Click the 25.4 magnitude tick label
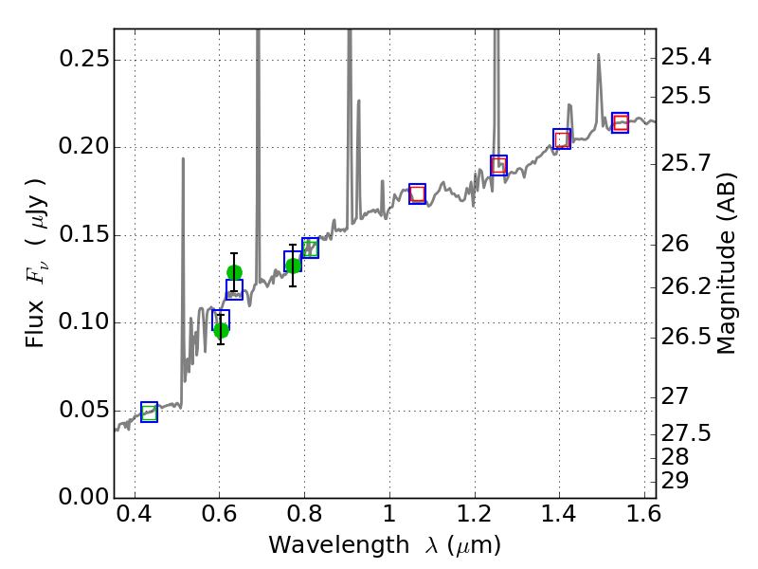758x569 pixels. tap(688, 58)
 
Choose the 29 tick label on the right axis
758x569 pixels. tap(678, 481)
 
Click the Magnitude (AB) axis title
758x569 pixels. tap(727, 263)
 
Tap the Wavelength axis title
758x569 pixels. tap(384, 545)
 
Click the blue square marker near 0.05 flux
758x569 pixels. tap(149, 412)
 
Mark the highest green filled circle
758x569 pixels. tap(234, 272)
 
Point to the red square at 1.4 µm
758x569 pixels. tap(562, 139)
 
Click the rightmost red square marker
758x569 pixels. tap(621, 122)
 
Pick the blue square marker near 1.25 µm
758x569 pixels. tap(498, 165)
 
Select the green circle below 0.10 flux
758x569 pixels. tap(221, 330)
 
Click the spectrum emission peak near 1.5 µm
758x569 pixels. tap(599, 56)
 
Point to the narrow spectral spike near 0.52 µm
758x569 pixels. tap(183, 159)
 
